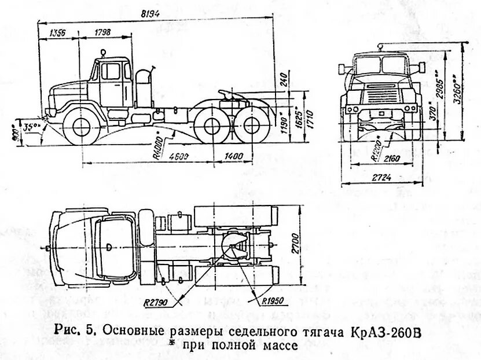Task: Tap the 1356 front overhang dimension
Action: point(57,33)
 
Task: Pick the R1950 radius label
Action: point(269,301)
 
